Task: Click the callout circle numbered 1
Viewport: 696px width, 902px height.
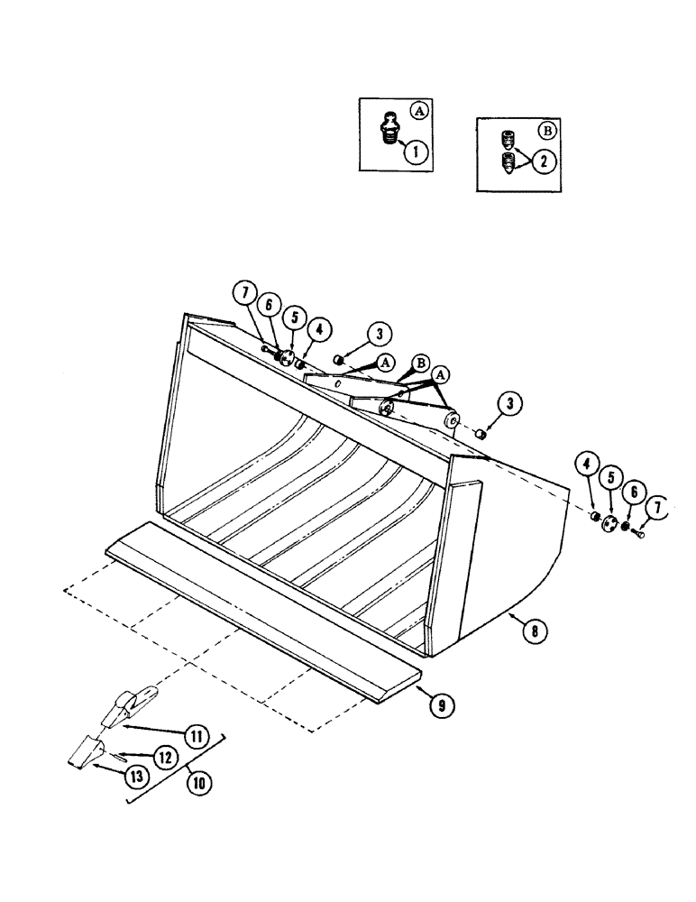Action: tap(416, 152)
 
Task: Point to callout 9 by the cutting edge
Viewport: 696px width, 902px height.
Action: tap(441, 706)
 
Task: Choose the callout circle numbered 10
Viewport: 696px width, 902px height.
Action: tap(198, 783)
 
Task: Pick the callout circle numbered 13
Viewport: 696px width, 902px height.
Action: tap(135, 772)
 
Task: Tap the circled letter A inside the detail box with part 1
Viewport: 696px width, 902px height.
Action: tap(417, 112)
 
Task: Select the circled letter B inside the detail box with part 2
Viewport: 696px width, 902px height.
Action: tap(547, 129)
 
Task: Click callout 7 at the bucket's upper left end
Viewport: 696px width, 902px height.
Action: tap(241, 294)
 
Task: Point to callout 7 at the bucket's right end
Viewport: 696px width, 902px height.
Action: tap(657, 508)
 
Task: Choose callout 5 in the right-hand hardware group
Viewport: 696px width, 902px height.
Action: tap(611, 476)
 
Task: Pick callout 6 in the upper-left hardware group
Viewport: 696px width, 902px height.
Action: tap(268, 307)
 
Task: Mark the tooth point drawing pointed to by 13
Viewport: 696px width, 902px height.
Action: tap(86, 754)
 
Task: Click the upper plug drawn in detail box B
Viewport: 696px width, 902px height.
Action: tap(508, 140)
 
